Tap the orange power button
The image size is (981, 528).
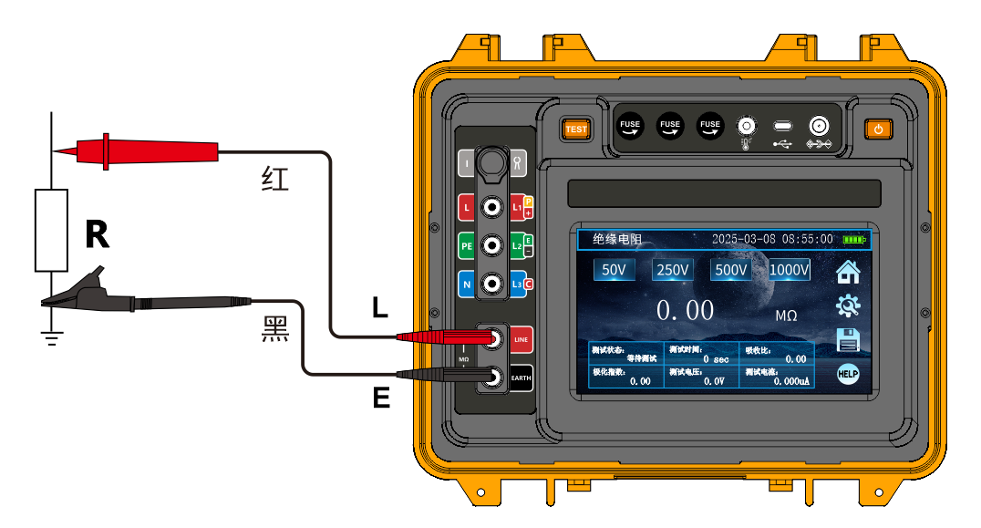click(x=878, y=129)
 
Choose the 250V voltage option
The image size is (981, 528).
click(x=673, y=270)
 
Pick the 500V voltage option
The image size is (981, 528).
click(x=731, y=270)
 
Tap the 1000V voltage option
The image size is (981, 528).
click(x=790, y=270)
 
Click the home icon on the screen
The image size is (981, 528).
click(x=848, y=272)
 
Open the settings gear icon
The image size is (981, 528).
click(x=848, y=306)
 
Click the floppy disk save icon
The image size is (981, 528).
click(x=848, y=341)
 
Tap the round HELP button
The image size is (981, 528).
click(x=848, y=375)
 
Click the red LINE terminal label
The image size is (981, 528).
click(x=521, y=340)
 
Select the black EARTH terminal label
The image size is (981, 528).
click(x=521, y=378)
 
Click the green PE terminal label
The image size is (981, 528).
click(x=466, y=246)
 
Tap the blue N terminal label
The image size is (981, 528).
click(x=466, y=285)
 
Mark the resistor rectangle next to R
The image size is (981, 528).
click(x=51, y=231)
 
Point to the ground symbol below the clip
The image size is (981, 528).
click(x=52, y=338)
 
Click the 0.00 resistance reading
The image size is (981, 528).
click(x=685, y=311)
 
